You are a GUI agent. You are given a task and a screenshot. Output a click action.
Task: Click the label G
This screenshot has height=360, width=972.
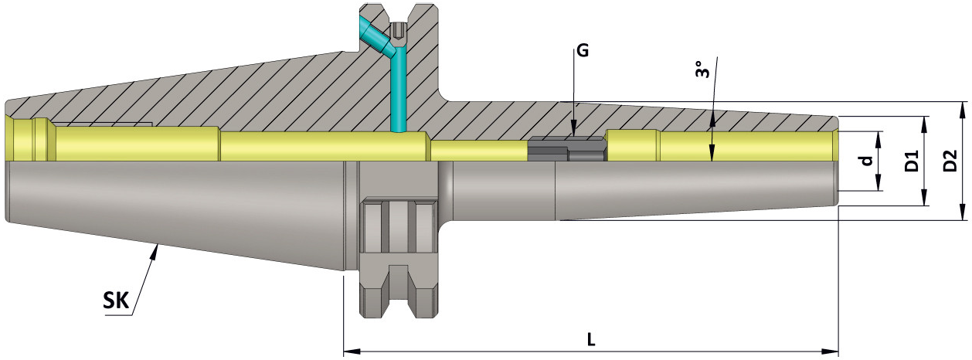point(582,52)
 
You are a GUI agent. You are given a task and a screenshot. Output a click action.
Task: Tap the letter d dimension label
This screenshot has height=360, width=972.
point(867,161)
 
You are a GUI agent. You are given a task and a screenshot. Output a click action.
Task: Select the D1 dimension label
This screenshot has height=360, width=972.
point(912,161)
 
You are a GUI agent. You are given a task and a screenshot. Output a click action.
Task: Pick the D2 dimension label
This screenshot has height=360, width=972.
point(950,161)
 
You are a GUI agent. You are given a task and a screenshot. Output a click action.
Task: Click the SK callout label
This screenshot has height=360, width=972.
point(115,301)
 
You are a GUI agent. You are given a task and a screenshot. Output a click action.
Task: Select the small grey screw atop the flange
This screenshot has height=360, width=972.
point(399,32)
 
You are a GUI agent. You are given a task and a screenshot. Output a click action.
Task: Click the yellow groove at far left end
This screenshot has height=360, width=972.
point(40,140)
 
